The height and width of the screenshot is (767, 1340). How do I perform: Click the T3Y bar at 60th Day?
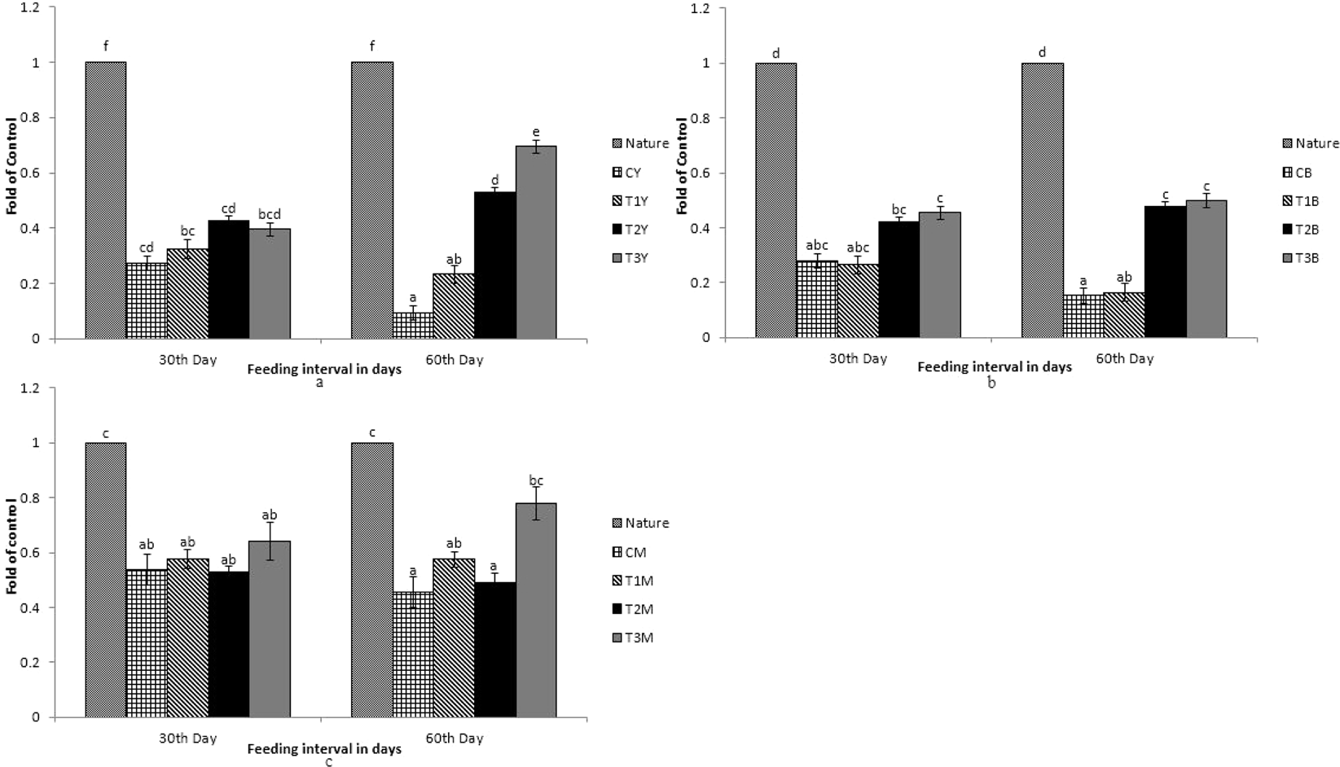pyautogui.click(x=536, y=243)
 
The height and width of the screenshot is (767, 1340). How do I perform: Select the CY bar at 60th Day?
pyautogui.click(x=413, y=325)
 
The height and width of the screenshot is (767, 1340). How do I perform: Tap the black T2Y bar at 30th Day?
pyautogui.click(x=229, y=279)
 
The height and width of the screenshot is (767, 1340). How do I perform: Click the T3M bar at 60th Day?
pyautogui.click(x=536, y=610)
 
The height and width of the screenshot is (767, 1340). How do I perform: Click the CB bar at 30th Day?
pyautogui.click(x=817, y=299)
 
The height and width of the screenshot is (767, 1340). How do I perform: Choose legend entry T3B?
pyautogui.click(x=1310, y=258)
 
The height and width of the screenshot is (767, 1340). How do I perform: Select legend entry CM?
pyautogui.click(x=635, y=552)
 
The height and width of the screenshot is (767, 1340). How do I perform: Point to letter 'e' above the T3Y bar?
pyautogui.click(x=536, y=133)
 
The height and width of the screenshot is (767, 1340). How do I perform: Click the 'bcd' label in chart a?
pyautogui.click(x=270, y=214)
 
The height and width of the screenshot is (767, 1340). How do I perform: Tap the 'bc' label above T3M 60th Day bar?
pyautogui.click(x=536, y=480)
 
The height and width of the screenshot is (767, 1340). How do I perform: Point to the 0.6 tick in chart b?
pyautogui.click(x=701, y=173)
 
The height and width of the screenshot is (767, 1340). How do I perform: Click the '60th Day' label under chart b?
pyautogui.click(x=1124, y=358)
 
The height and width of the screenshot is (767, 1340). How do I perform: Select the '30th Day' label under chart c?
pyautogui.click(x=187, y=739)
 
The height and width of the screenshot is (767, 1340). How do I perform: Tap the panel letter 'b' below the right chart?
pyautogui.click(x=991, y=383)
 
